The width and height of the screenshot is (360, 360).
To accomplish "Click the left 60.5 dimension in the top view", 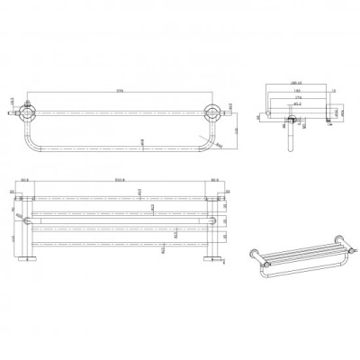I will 26,181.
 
